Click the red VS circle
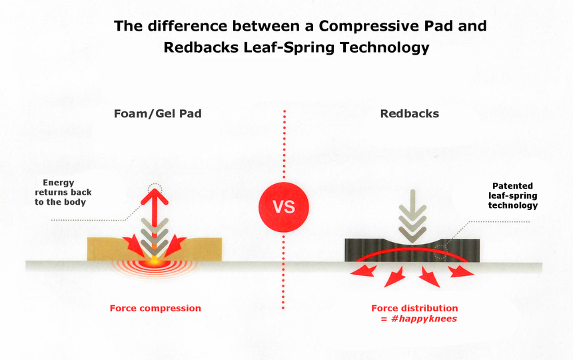(284, 207)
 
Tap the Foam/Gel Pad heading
(157, 113)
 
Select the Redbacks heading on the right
(410, 113)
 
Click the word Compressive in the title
(386, 26)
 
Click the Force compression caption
(155, 308)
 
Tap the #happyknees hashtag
(424, 319)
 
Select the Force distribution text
(414, 308)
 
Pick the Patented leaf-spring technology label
(513, 195)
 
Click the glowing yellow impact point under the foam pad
(154, 262)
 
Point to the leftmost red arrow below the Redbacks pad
(364, 271)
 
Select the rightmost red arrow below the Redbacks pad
(461, 271)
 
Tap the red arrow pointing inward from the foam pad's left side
(134, 245)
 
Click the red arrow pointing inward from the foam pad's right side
(175, 245)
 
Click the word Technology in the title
(384, 48)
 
